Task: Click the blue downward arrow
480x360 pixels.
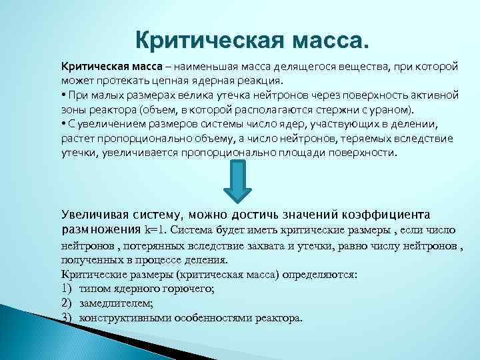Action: [235, 182]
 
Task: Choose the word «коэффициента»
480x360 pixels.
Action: [389, 215]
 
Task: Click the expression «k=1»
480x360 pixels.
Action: [157, 230]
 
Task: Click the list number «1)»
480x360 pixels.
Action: [67, 289]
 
